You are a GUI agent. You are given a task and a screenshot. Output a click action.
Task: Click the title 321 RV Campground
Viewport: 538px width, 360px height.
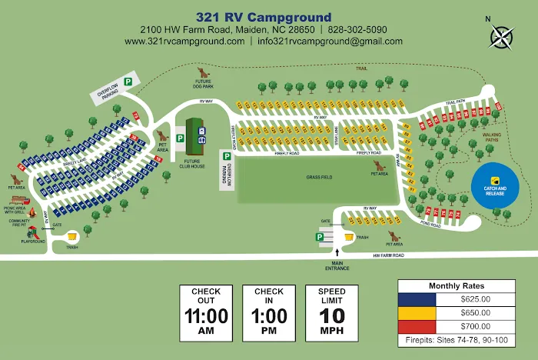coord(264,17)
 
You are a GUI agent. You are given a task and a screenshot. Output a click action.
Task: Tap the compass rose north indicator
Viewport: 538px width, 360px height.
coord(501,35)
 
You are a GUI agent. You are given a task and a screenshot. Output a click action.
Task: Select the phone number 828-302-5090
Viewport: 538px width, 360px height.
coord(357,29)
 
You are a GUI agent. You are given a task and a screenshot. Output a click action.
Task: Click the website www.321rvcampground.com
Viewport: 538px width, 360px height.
coord(184,42)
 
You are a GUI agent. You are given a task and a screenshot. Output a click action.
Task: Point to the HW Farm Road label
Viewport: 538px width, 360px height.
coord(388,255)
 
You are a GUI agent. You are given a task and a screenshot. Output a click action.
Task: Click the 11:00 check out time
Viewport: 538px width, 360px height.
coord(206,315)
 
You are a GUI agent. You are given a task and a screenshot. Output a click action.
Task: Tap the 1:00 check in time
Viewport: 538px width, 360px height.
coord(268,315)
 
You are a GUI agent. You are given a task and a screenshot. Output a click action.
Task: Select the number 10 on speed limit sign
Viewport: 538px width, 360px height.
coord(331,315)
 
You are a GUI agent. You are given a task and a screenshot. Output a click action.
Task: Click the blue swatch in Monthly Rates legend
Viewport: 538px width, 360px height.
coord(417,298)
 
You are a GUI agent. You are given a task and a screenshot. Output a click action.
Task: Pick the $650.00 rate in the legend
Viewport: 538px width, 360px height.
coord(475,312)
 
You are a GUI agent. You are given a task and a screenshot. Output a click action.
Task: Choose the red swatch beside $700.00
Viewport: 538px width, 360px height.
coord(417,325)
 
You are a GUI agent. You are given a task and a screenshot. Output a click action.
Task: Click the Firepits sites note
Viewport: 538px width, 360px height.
coord(461,338)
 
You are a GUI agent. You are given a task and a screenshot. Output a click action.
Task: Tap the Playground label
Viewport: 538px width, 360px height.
coord(32,242)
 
